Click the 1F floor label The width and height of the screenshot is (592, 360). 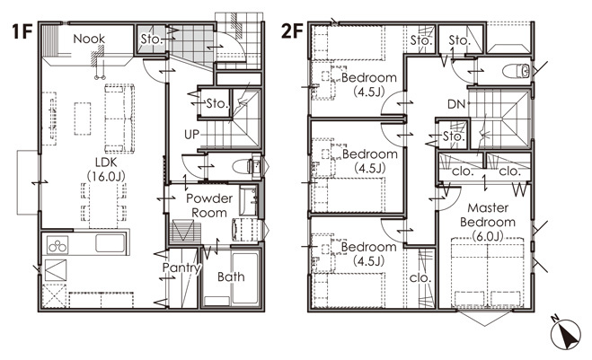pos(22,31)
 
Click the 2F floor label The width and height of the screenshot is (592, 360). pos(292,31)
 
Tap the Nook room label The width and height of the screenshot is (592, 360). pos(89,39)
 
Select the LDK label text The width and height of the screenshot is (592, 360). pos(106,162)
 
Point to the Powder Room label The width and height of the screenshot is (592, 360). pos(209,206)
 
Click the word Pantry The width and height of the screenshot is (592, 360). pos(181,268)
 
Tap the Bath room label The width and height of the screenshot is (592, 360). pos(231,277)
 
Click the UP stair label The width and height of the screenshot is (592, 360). pos(191,135)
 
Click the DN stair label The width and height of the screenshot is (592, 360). pos(456,104)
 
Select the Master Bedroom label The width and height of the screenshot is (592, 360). pos(488,215)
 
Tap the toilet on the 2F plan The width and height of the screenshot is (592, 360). pos(517,71)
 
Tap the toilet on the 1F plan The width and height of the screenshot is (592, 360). pos(246,166)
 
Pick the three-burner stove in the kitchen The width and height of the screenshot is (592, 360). pos(57,245)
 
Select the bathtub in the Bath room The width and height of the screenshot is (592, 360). pos(245,278)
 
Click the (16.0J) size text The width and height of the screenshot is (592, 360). pos(106,176)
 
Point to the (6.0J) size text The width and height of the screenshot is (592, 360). pos(488,236)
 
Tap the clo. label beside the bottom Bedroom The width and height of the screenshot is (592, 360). pos(420,278)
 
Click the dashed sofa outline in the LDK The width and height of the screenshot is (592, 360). pos(119,119)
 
